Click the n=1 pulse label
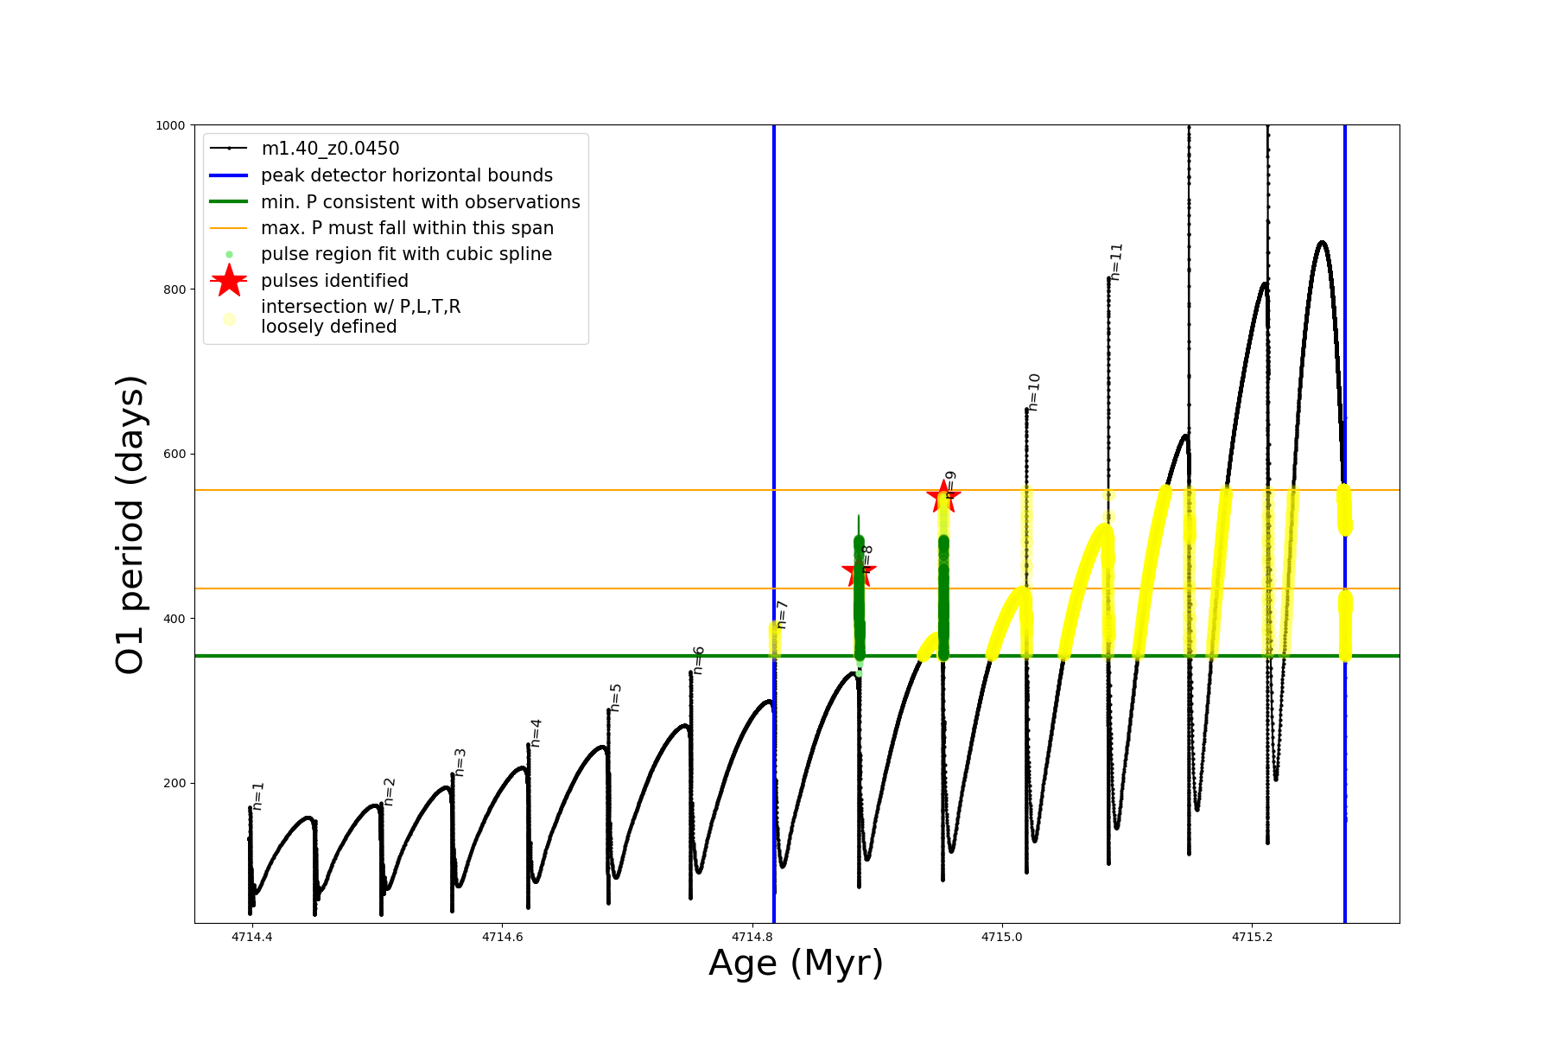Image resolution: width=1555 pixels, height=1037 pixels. tap(258, 796)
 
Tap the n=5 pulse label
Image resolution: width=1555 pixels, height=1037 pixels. tap(616, 697)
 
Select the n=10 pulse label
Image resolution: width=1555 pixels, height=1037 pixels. tap(1034, 391)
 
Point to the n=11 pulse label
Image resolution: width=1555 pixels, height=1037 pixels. tap(1116, 262)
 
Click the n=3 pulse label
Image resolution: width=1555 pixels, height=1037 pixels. tap(460, 762)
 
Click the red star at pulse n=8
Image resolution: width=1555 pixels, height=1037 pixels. tap(859, 570)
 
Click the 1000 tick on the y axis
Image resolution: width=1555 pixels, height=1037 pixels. tap(170, 125)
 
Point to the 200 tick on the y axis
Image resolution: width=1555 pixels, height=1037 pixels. tap(175, 783)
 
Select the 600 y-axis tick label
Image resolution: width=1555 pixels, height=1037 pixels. tap(175, 454)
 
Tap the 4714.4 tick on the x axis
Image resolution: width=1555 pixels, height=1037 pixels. tap(251, 937)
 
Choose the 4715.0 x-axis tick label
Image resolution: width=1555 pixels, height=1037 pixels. tap(1001, 937)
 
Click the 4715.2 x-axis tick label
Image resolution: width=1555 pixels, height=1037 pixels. tap(1251, 937)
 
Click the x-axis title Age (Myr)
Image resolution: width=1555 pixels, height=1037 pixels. tap(796, 964)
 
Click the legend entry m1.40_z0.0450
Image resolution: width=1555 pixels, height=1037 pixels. tap(330, 149)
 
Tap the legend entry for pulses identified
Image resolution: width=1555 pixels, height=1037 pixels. tap(334, 281)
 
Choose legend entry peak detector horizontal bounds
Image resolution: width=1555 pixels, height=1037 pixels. tap(407, 175)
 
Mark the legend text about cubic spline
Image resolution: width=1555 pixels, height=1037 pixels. tap(406, 254)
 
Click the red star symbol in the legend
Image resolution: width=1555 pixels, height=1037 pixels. tap(229, 281)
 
